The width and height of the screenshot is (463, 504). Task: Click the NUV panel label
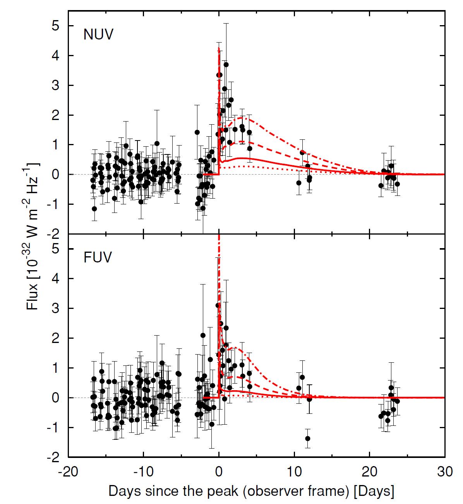click(98, 35)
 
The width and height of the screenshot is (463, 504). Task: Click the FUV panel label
click(98, 257)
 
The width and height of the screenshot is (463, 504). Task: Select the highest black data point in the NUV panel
click(226, 65)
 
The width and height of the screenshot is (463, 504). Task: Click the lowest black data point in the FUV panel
click(308, 439)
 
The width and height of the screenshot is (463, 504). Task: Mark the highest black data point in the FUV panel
click(218, 305)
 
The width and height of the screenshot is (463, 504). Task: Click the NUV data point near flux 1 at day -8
click(157, 143)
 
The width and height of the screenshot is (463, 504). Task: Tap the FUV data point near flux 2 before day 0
click(203, 335)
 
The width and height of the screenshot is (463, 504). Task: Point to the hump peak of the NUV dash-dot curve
click(243, 118)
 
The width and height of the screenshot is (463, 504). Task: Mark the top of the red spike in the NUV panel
click(219, 48)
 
